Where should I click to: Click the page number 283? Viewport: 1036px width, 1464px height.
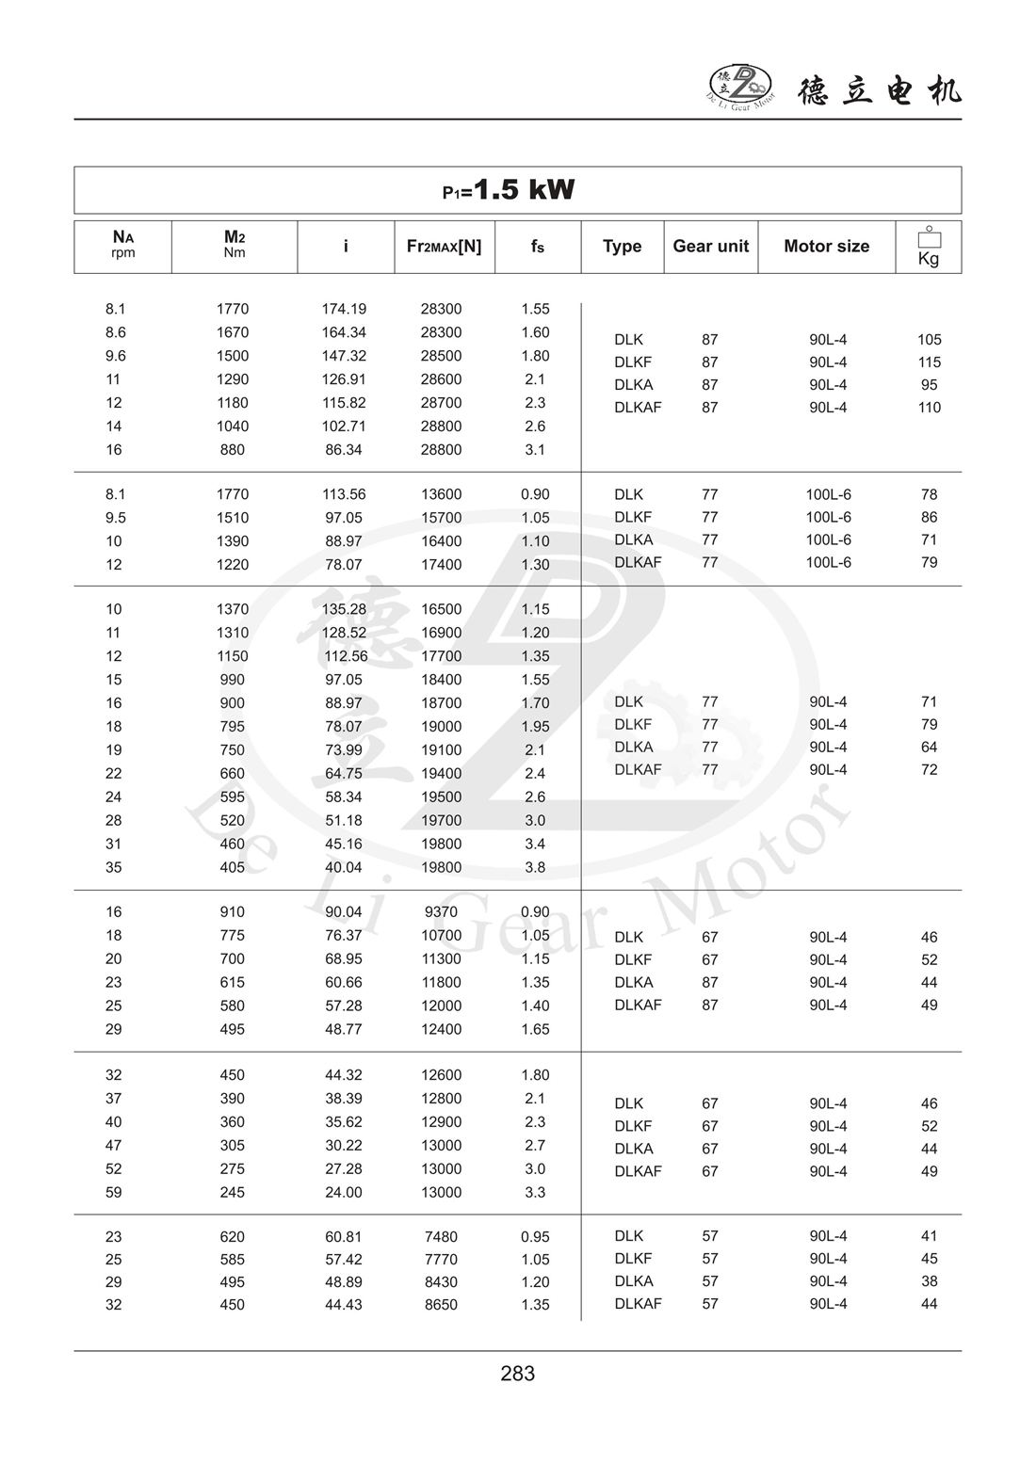[x=518, y=1374]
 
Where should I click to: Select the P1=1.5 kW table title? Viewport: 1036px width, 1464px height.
[x=509, y=190]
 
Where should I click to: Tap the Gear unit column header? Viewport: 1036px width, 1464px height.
[x=710, y=247]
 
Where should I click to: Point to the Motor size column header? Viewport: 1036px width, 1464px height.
[x=826, y=247]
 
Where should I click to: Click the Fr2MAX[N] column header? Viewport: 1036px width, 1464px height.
[x=444, y=247]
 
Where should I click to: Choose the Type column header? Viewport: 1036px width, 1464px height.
[x=622, y=247]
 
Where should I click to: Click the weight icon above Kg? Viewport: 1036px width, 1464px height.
[x=929, y=237]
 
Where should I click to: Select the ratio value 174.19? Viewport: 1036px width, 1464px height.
[x=344, y=309]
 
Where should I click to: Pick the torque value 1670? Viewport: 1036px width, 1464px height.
[x=233, y=332]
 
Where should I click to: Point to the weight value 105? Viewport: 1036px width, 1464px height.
[x=929, y=340]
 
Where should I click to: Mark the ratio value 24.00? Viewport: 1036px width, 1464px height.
[x=344, y=1192]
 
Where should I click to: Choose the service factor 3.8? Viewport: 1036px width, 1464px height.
[x=535, y=867]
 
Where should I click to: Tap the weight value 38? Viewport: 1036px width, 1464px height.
[x=929, y=1281]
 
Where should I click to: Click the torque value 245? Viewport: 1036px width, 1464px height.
[x=232, y=1192]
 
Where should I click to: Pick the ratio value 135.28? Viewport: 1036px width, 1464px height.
[x=344, y=609]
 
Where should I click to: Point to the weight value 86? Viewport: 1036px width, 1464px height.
[x=929, y=517]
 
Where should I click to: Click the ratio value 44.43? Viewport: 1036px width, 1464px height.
[x=344, y=1305]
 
